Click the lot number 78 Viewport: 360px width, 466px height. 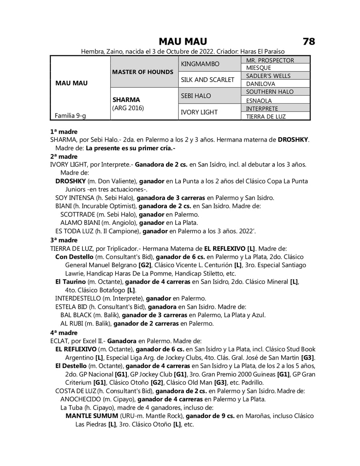[x=309, y=42]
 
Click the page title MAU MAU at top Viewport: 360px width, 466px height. [x=182, y=42]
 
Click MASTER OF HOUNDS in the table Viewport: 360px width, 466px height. [x=143, y=72]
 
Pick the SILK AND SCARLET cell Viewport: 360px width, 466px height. [x=208, y=80]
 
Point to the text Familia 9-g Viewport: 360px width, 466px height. [x=70, y=116]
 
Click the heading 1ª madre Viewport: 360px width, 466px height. [x=64, y=132]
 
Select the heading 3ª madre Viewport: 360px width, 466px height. [x=64, y=240]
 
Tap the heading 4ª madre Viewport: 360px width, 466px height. [x=64, y=332]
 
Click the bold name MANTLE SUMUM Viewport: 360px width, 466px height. [x=92, y=416]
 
